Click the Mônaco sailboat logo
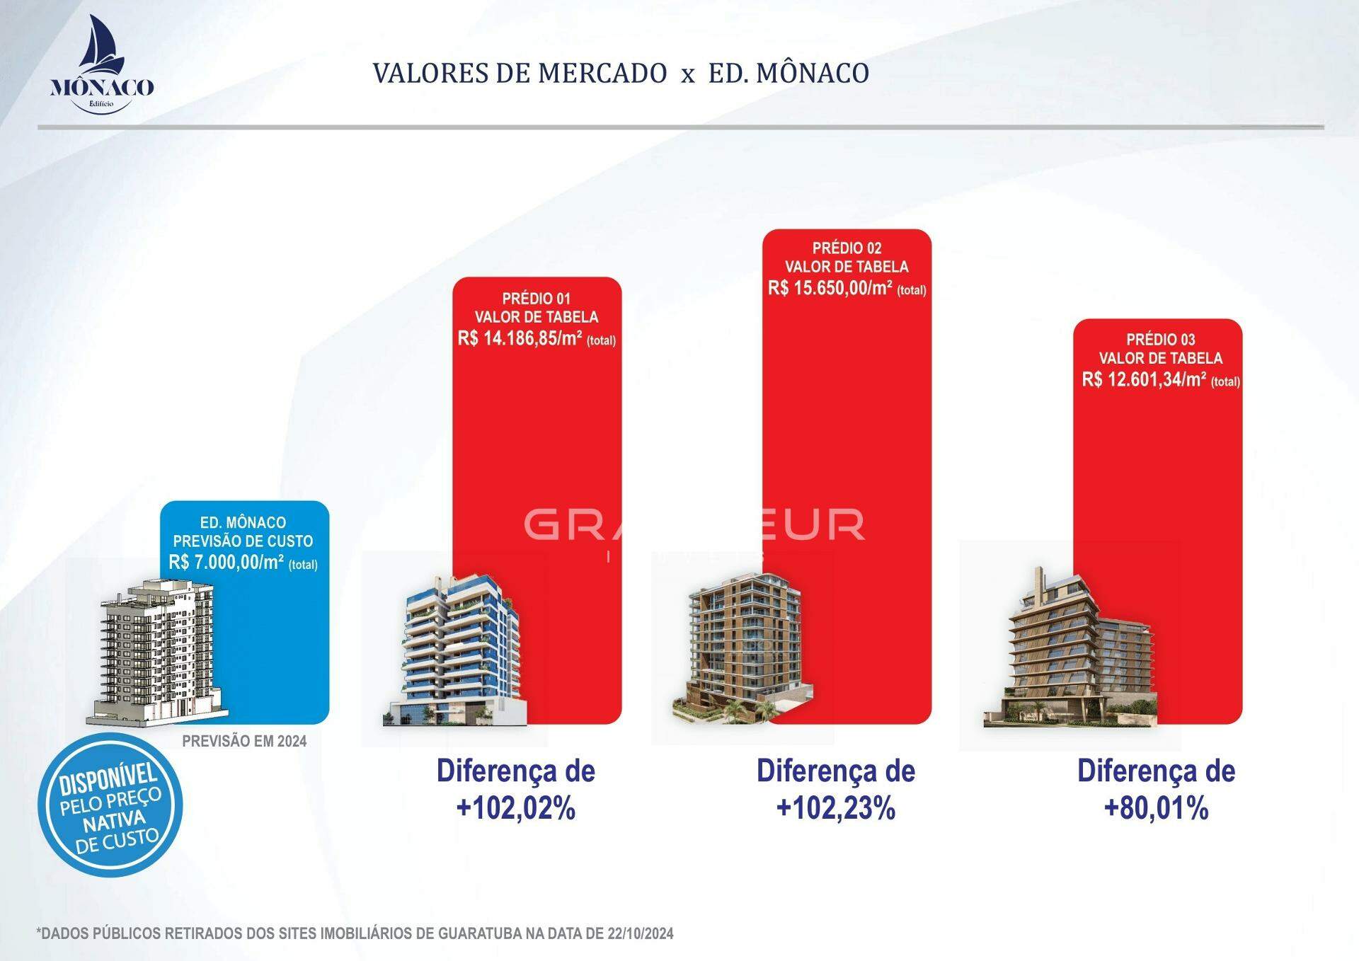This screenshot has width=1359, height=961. click(102, 64)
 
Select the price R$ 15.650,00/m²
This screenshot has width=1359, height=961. click(830, 288)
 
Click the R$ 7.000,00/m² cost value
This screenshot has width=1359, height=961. click(226, 563)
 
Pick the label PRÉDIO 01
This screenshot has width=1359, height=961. click(536, 299)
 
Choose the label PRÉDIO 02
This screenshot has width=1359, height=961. click(847, 248)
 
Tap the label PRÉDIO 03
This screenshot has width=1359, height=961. click(1160, 340)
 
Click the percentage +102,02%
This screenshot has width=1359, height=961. click(516, 808)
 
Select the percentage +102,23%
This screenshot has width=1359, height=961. click(836, 808)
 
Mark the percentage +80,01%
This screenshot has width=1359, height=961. click(1156, 808)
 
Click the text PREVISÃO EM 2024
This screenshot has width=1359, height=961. click(244, 741)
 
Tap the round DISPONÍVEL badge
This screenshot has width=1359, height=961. click(110, 805)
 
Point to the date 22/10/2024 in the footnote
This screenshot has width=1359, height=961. click(640, 933)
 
